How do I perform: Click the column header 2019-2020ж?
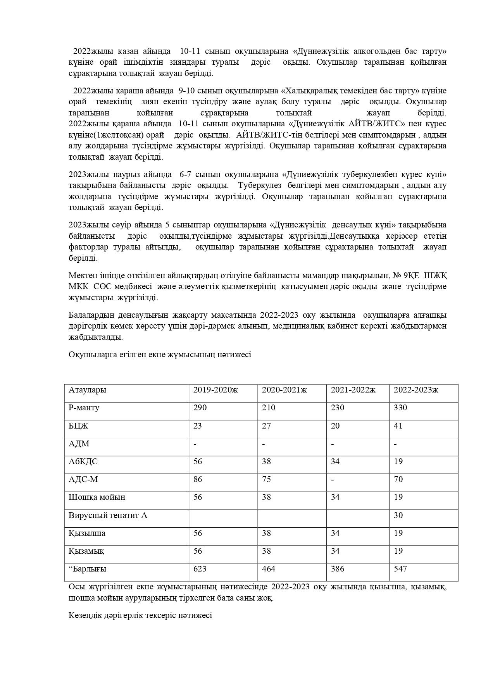coord(216,390)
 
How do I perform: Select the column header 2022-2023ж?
coord(416,390)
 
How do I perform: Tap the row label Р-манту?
coord(84,408)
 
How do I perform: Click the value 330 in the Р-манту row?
coord(400,408)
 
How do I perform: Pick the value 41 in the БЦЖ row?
coord(398,426)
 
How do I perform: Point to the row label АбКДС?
coord(83,461)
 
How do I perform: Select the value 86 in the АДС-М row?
coord(198,479)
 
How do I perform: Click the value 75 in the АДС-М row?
coord(266,479)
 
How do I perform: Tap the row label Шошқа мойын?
coord(97,497)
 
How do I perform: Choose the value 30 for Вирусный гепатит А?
coord(398,515)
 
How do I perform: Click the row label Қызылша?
coord(87,533)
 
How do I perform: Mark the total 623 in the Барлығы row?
coord(200,569)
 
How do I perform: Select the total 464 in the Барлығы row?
coord(269,569)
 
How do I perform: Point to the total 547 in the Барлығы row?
coord(400,569)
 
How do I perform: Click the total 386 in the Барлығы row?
coord(337,569)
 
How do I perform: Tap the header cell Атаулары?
coord(87,390)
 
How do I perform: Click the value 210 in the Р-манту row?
coord(269,408)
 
